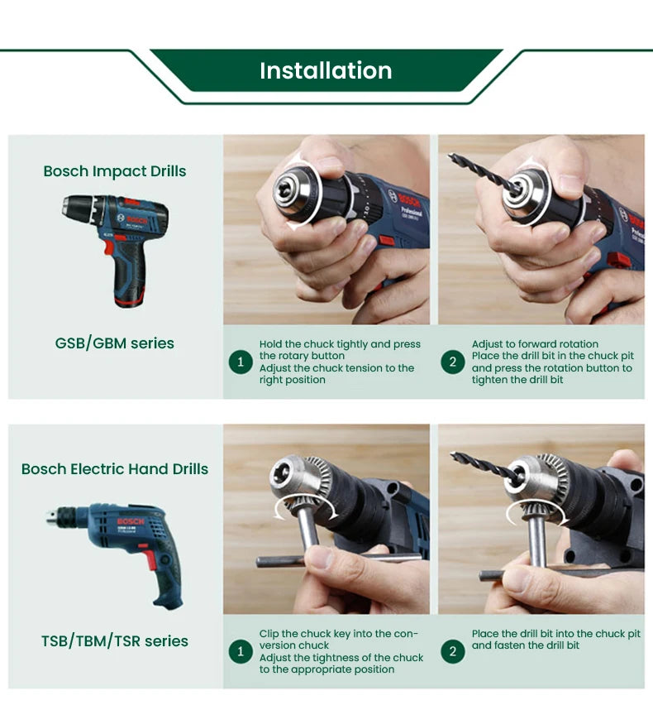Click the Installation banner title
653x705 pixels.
coord(326,70)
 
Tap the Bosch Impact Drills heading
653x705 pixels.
coord(115,171)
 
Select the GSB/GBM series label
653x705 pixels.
coord(115,343)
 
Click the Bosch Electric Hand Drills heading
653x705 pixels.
coord(115,469)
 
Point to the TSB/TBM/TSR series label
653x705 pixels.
coord(115,640)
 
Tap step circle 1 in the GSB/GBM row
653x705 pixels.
coord(241,362)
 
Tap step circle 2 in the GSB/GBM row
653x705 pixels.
coord(453,362)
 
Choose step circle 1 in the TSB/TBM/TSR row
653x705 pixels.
coord(241,652)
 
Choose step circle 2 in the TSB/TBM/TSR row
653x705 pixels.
coord(453,652)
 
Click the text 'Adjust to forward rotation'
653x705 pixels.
coord(535,344)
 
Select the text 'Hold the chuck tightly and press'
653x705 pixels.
coord(340,344)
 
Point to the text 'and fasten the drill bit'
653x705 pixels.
coord(526,645)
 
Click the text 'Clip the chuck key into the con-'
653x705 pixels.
coord(339,634)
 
